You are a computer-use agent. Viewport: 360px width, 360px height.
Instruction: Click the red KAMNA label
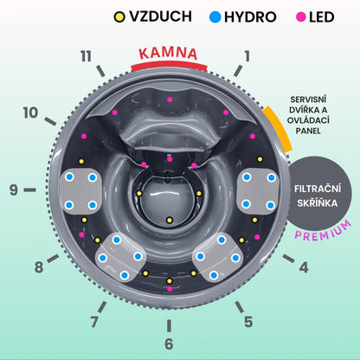[168, 54]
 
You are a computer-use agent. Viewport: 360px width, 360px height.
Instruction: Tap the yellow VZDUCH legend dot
[119, 16]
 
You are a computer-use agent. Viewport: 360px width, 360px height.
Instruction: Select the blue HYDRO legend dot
[215, 16]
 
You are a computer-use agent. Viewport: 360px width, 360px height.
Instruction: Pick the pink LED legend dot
[301, 17]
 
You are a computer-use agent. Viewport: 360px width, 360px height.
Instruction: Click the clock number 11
[86, 56]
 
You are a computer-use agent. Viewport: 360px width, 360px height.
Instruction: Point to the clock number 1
[247, 56]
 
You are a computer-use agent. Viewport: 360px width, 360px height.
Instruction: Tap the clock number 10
[30, 112]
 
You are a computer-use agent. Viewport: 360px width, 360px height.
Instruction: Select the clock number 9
[14, 190]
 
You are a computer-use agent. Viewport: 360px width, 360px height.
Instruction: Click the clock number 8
[39, 267]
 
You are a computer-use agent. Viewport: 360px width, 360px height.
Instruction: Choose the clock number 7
[94, 322]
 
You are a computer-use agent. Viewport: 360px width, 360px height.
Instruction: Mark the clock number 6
[169, 344]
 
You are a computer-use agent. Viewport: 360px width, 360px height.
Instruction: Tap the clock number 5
[248, 322]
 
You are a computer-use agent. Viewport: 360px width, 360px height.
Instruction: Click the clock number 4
[304, 267]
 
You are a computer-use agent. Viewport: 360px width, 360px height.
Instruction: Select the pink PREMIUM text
[323, 231]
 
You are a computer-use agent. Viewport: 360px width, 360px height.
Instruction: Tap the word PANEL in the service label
[308, 131]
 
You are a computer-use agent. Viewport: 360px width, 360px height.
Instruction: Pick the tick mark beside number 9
[29, 190]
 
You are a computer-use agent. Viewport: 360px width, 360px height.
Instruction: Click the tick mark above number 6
[169, 325]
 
